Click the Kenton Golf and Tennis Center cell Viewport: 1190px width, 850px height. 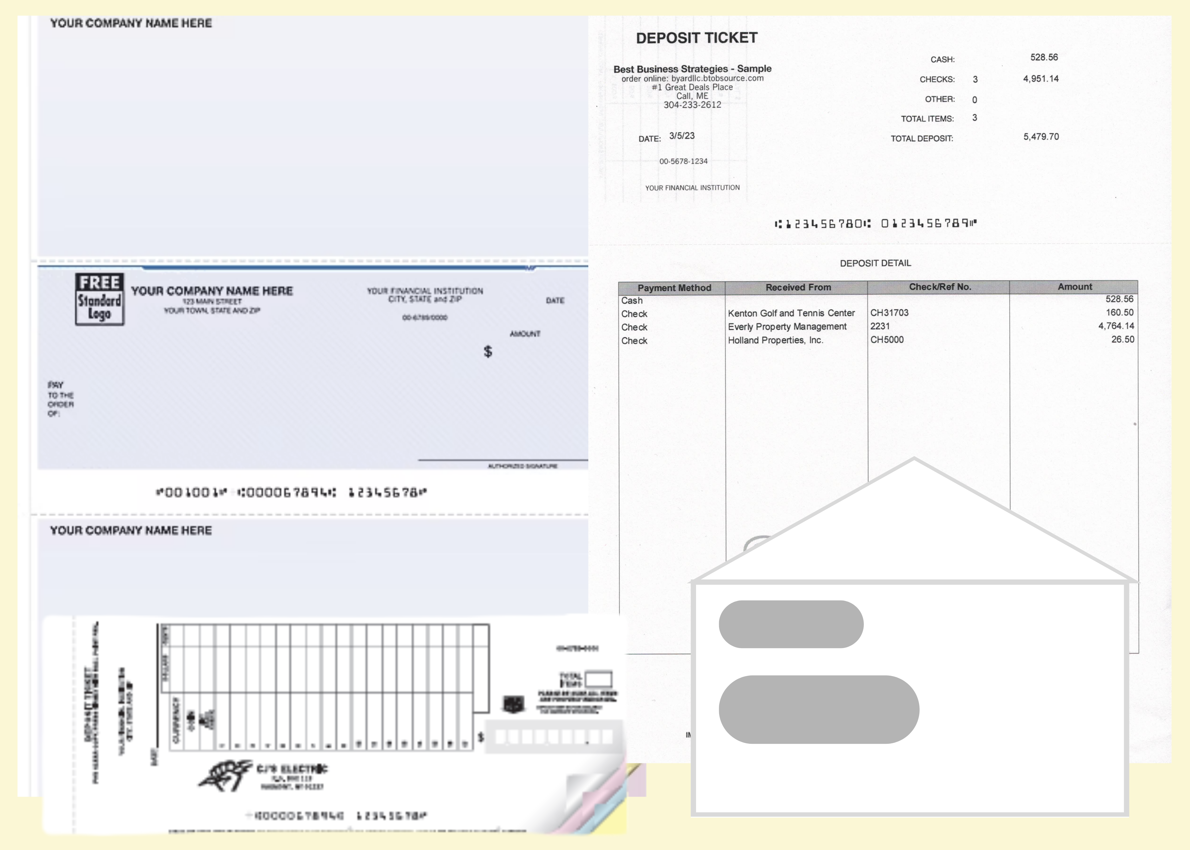[x=791, y=313]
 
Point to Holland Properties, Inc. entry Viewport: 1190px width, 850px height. [x=775, y=340]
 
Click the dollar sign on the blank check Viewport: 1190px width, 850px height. [x=488, y=351]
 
